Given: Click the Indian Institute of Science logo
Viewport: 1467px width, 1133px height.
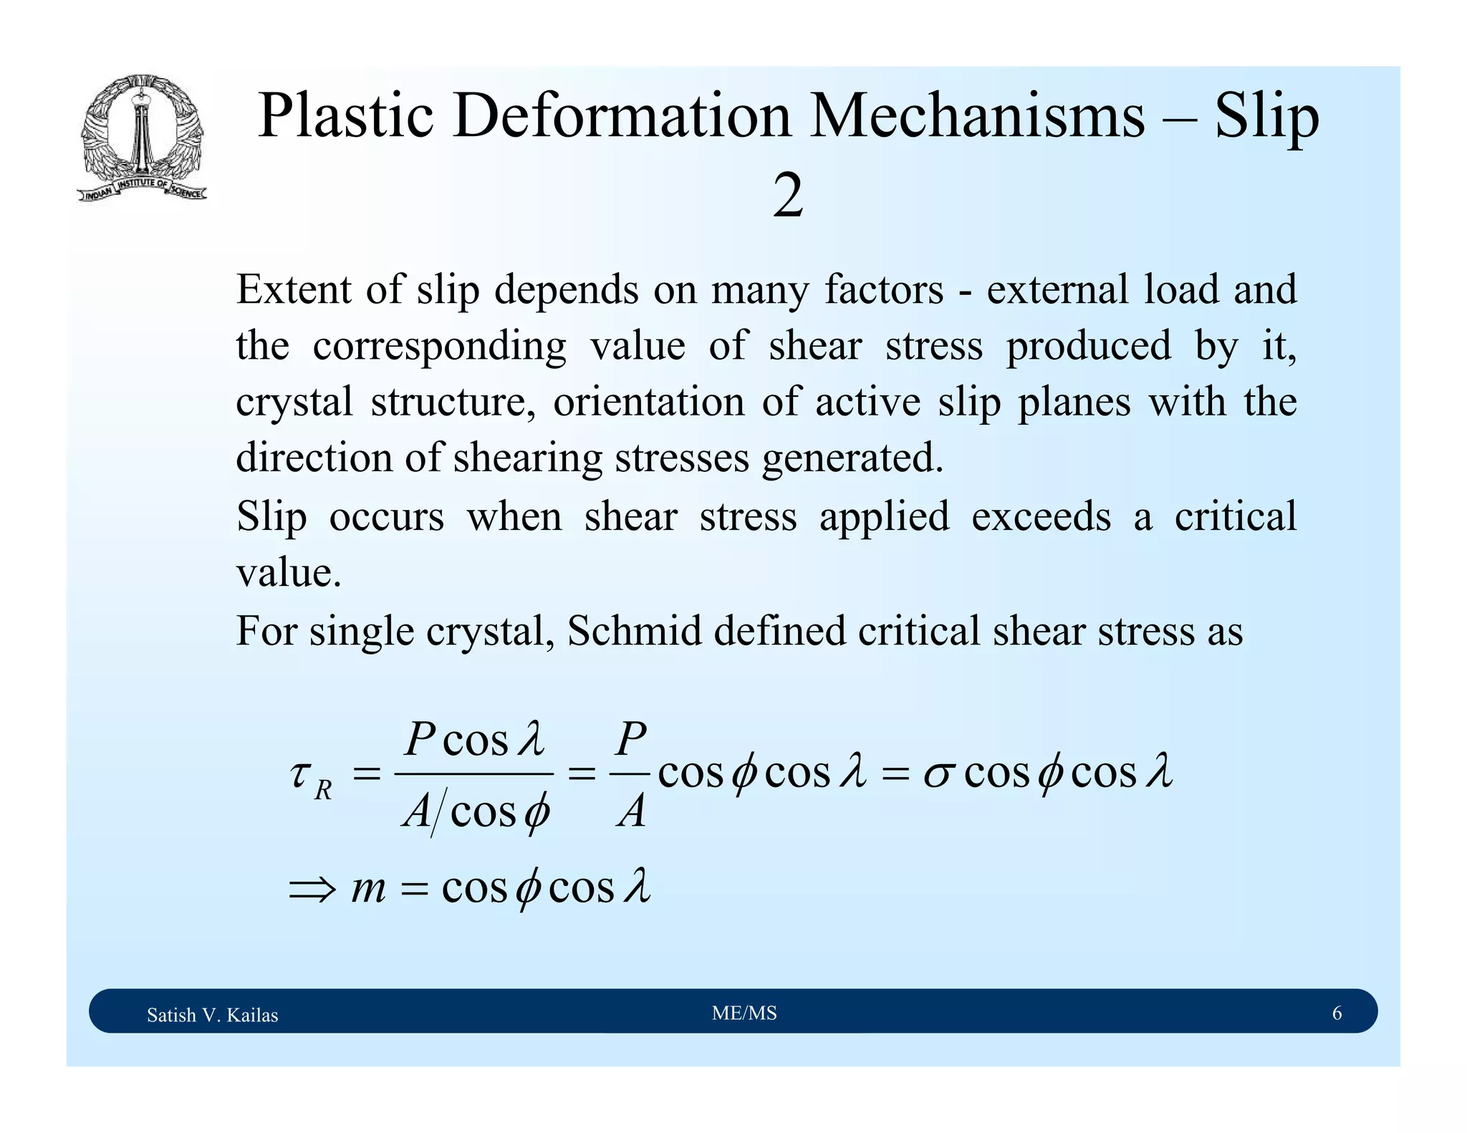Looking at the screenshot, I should pyautogui.click(x=142, y=138).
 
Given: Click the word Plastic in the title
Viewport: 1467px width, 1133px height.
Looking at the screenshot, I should pyautogui.click(x=345, y=116).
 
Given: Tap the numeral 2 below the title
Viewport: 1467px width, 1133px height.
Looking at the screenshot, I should pyautogui.click(x=787, y=197).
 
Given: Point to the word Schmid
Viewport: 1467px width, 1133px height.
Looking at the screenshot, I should pyautogui.click(x=634, y=631).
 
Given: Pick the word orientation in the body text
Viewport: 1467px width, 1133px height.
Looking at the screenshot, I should pyautogui.click(x=648, y=402).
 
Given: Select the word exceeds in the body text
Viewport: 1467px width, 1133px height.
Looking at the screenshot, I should pyautogui.click(x=1041, y=516).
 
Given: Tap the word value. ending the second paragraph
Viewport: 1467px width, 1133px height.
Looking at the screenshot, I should pyautogui.click(x=288, y=573).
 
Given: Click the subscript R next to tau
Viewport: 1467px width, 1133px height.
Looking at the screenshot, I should pyautogui.click(x=323, y=790).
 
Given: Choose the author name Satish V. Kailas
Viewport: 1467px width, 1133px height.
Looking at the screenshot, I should pyautogui.click(x=212, y=1015).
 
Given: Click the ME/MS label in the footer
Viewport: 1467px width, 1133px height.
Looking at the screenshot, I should pyautogui.click(x=744, y=1013).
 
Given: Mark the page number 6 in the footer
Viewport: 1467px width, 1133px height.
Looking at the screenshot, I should pyautogui.click(x=1337, y=1013).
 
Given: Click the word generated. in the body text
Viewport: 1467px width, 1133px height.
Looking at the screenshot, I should pyautogui.click(x=852, y=459).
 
